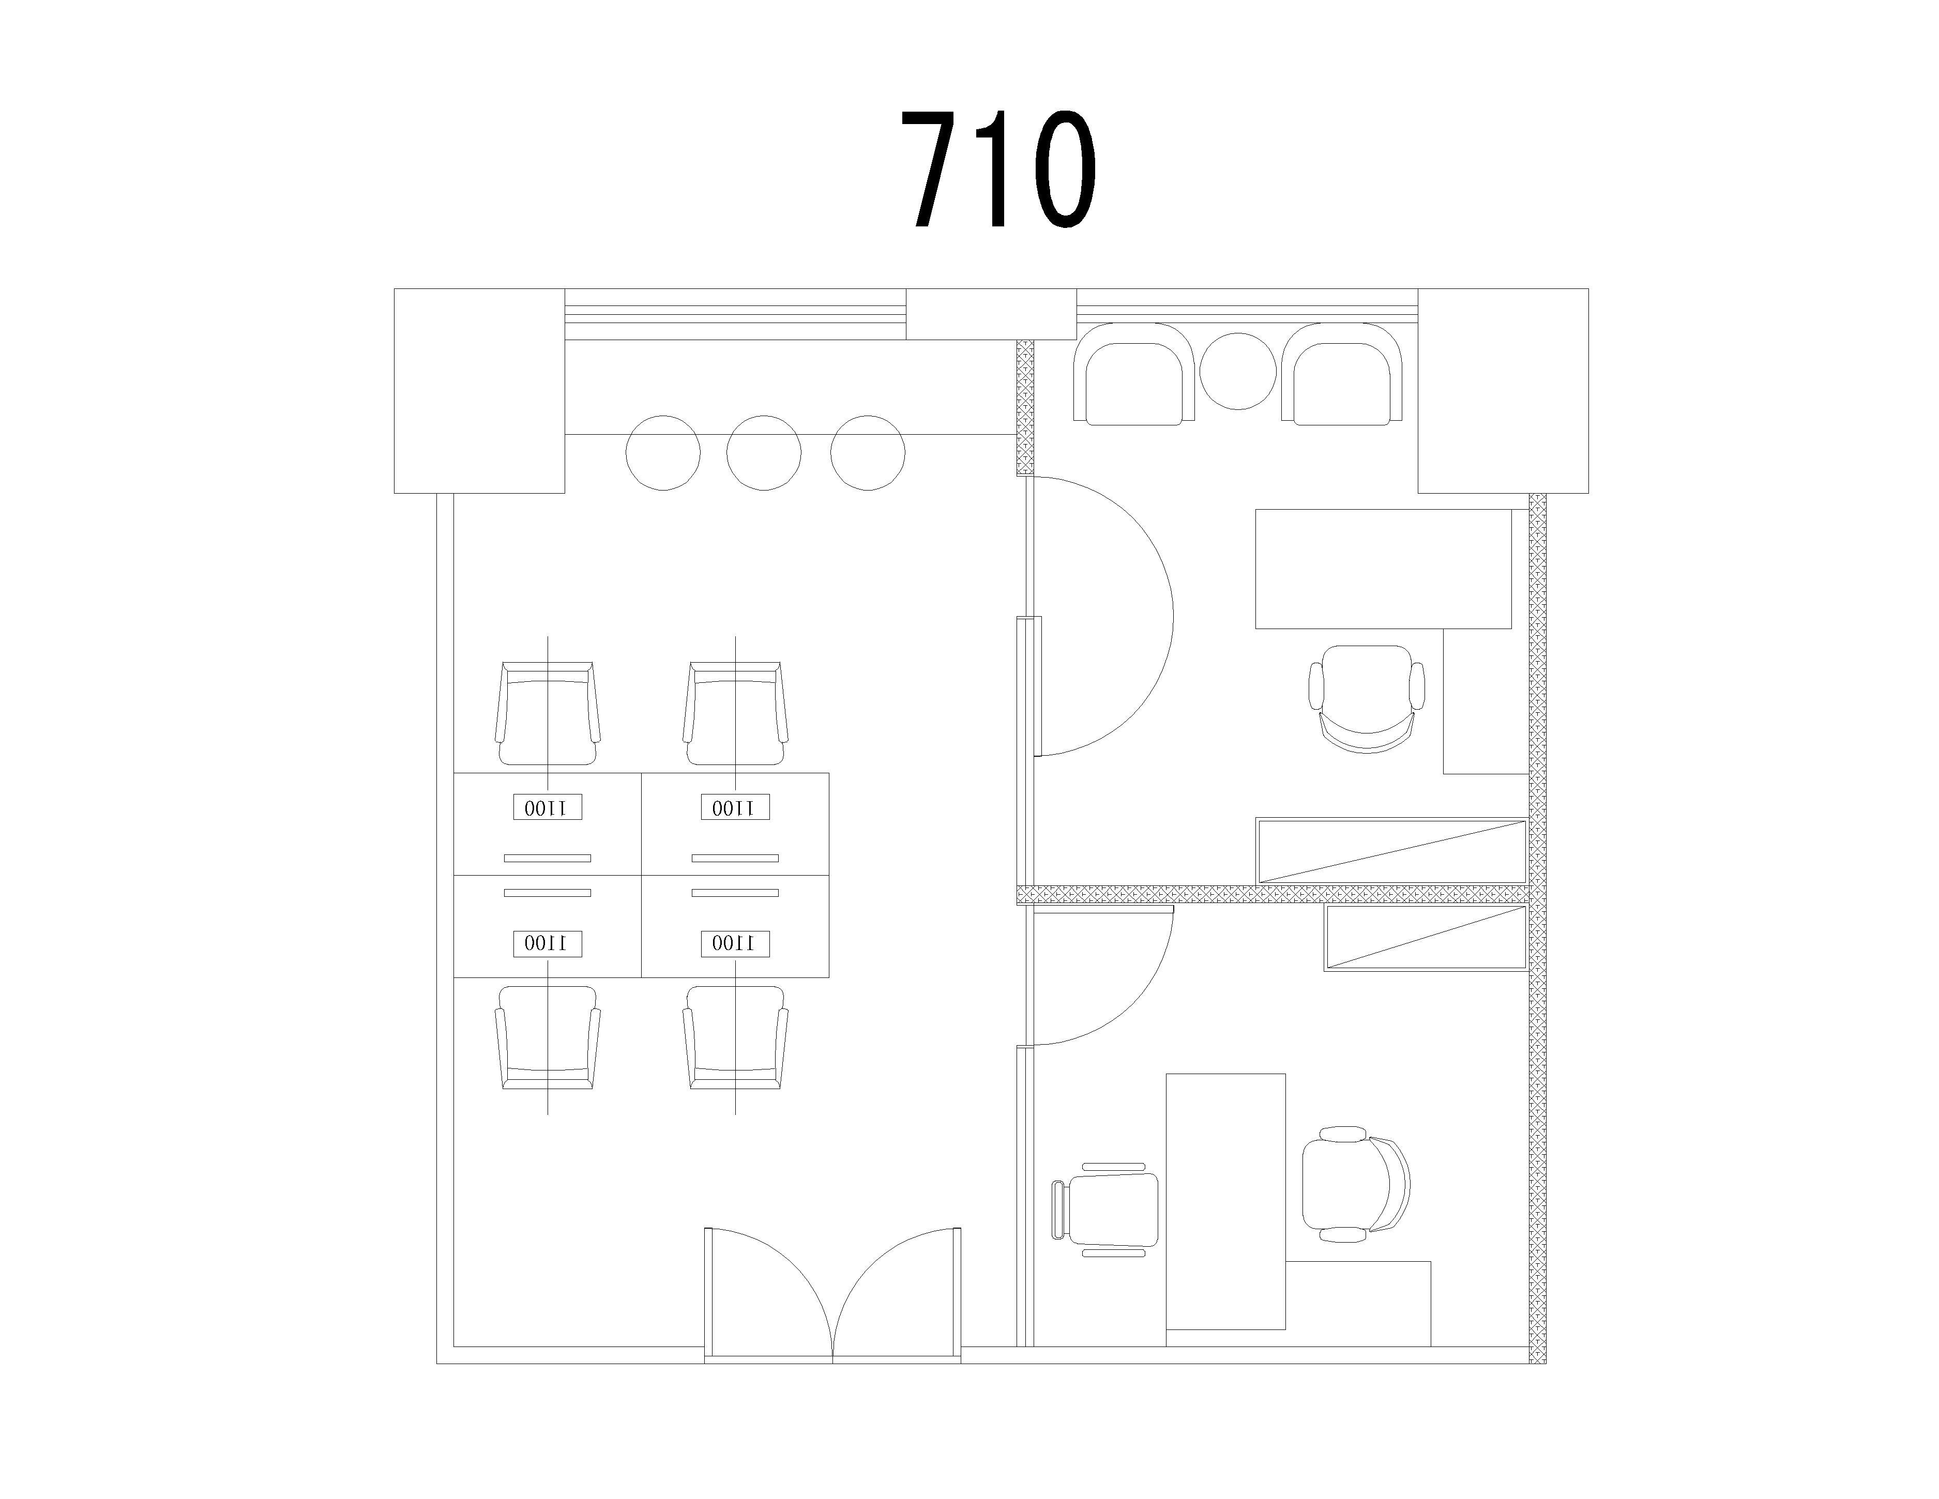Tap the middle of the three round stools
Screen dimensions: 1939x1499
coord(764,453)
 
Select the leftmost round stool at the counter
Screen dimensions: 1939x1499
coord(663,453)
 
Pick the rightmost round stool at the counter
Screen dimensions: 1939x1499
coord(868,453)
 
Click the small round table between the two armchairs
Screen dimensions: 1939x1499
coord(1238,371)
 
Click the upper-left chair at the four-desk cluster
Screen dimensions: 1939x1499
coord(548,713)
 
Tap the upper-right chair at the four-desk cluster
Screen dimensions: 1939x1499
coord(735,713)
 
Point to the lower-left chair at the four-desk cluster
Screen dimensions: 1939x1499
coord(548,1037)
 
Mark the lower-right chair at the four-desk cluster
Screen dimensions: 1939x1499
coord(735,1037)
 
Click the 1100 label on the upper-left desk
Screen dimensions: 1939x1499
coord(548,807)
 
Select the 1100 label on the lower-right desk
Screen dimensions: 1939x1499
coord(735,943)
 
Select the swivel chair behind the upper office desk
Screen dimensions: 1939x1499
coord(1367,699)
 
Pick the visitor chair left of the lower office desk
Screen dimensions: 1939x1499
coord(1105,1209)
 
